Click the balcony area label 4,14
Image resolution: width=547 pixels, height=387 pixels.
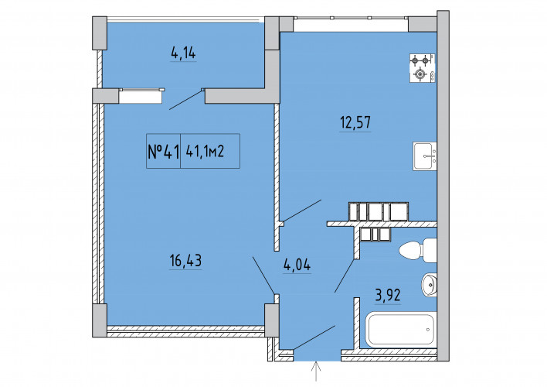click(183, 53)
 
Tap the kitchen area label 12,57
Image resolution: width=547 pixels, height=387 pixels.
click(355, 123)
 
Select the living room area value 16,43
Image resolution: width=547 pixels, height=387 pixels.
click(185, 261)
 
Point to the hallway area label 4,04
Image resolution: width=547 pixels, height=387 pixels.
click(297, 265)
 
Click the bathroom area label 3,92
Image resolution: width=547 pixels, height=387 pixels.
click(388, 296)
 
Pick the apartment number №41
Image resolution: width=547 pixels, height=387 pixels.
click(163, 152)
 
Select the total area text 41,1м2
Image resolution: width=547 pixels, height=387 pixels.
click(205, 152)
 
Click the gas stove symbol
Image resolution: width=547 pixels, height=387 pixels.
click(423, 68)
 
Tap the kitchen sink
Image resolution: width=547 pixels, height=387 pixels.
click(425, 156)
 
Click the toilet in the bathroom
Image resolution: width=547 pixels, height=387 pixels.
click(418, 250)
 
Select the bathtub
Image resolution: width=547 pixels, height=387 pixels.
click(401, 329)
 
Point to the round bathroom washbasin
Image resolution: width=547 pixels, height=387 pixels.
click(430, 285)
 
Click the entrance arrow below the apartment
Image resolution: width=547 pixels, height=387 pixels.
click(316, 372)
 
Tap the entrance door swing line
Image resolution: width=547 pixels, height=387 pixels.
click(314, 337)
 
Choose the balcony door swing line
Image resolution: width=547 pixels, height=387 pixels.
click(185, 100)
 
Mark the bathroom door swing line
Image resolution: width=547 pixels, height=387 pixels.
click(345, 276)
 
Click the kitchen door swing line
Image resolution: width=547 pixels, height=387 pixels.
click(302, 211)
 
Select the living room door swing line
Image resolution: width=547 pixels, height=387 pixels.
click(263, 276)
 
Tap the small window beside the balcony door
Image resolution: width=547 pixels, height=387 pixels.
click(141, 96)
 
